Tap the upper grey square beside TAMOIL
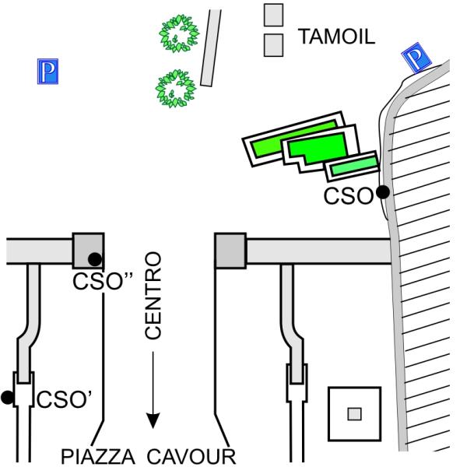coord(273,15)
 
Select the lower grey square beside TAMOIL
coord(273,44)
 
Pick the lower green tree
coord(176,88)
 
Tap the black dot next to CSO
coord(382,192)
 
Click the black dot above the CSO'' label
coord(94,259)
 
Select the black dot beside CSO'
coord(8,398)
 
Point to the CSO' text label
coord(65,400)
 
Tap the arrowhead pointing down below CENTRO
coord(153,420)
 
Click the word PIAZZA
coord(100,455)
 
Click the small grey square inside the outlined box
coord(354,413)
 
